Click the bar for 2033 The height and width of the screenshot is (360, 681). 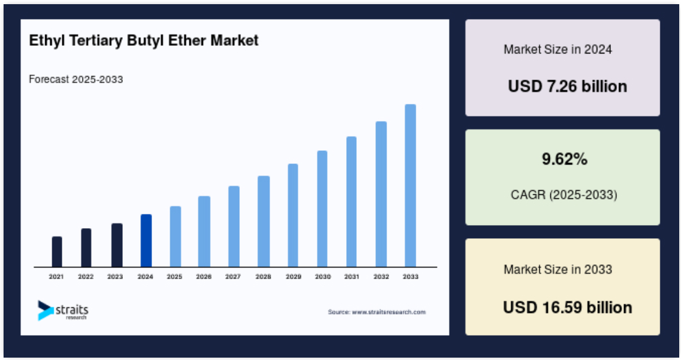[x=410, y=186]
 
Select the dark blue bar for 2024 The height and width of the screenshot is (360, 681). [x=147, y=241]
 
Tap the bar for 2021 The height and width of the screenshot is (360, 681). [x=57, y=252]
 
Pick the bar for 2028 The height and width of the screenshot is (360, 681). [x=264, y=222]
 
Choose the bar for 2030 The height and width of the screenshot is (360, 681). [x=322, y=209]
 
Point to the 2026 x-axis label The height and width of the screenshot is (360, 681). [x=204, y=276]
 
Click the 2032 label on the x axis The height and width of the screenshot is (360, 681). [x=381, y=276]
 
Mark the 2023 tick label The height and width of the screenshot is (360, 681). [x=115, y=276]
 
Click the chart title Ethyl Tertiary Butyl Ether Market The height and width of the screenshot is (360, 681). [x=144, y=40]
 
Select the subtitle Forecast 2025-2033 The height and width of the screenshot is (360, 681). [x=76, y=79]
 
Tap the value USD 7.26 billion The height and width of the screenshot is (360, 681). [x=568, y=86]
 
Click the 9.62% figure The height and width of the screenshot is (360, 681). [x=565, y=159]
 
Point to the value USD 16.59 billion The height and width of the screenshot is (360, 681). [x=568, y=307]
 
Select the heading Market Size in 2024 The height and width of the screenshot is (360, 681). [x=558, y=49]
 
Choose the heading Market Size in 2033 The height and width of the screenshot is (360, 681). [x=558, y=270]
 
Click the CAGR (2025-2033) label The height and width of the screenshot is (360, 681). [x=564, y=194]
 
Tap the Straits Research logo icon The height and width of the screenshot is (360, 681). [x=46, y=311]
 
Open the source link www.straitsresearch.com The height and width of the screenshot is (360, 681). [x=389, y=312]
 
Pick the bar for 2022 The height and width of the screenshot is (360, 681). [x=86, y=248]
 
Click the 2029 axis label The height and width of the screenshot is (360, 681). [x=293, y=276]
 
